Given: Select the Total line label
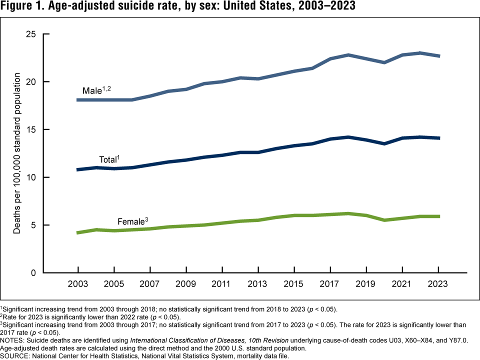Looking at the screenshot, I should point(108,160).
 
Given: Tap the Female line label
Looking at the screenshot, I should point(131,221).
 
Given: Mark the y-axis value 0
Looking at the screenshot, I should point(33,273).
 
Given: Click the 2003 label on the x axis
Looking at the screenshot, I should point(78,283).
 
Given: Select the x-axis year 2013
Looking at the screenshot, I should point(258,283).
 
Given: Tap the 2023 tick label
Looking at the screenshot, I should point(438,283).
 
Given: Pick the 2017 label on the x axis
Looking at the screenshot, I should point(330,283).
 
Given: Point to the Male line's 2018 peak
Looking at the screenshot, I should point(348,55).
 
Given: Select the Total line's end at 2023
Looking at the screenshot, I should point(438,138).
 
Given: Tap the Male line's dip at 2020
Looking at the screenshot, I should point(384,62).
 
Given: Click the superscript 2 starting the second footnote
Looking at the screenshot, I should point(1,315).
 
